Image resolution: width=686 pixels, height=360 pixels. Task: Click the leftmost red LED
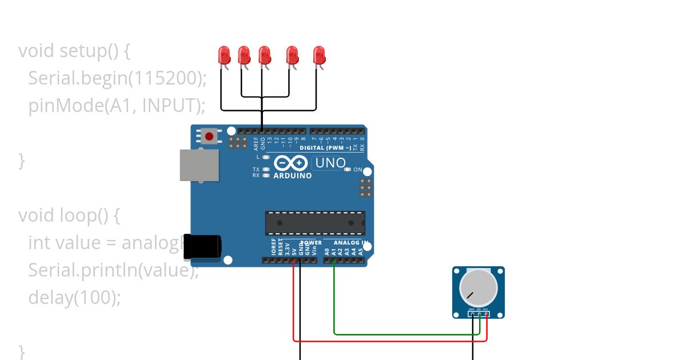coord(224,55)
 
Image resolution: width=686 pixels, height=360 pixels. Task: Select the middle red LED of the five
coord(264,55)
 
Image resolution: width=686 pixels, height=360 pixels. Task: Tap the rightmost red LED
coord(319,55)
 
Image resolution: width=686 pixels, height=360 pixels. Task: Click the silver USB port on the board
coord(199,165)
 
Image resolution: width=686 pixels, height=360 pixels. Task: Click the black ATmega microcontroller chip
coord(314,223)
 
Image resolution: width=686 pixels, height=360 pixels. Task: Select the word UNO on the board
coord(330,163)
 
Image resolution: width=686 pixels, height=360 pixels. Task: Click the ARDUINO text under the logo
coord(293,176)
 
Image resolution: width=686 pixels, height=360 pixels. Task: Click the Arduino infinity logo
coord(292,163)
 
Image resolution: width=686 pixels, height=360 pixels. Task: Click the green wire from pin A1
coord(400,334)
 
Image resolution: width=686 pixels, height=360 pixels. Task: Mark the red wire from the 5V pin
coord(389,341)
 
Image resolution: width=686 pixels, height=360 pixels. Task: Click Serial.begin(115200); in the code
coord(117,78)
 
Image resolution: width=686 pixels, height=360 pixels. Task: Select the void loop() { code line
coord(70,215)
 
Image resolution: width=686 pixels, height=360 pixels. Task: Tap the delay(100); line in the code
coord(74,298)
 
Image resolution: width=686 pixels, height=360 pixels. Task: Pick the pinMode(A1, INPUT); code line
coord(116,105)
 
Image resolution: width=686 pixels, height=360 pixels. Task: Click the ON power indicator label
coord(358,170)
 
